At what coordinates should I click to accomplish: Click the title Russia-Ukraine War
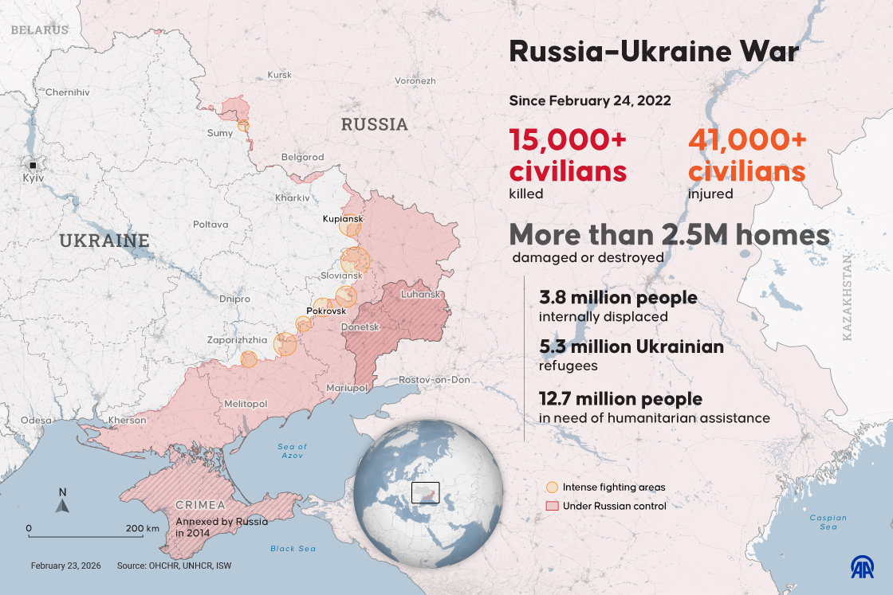point(653,53)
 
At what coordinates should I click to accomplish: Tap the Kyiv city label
point(33,178)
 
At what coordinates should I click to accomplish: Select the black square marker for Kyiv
point(33,165)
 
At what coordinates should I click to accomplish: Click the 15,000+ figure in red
point(568,140)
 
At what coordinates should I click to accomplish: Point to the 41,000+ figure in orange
point(747,140)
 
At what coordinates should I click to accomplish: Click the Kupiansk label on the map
point(343,218)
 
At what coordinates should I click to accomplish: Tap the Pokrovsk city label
point(325,310)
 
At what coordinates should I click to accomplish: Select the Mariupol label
point(347,387)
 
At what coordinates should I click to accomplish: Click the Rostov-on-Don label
point(435,380)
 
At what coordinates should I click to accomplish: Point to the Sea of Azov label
point(293,451)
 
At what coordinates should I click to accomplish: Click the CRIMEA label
point(200,505)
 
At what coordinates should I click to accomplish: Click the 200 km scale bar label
point(143,528)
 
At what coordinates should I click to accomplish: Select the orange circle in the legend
point(551,487)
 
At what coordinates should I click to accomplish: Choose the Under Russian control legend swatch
point(551,506)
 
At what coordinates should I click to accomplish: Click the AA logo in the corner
point(863,566)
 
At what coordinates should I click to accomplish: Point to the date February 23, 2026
point(67,566)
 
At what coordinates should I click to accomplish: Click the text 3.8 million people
point(618,298)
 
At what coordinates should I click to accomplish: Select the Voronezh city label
point(415,81)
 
